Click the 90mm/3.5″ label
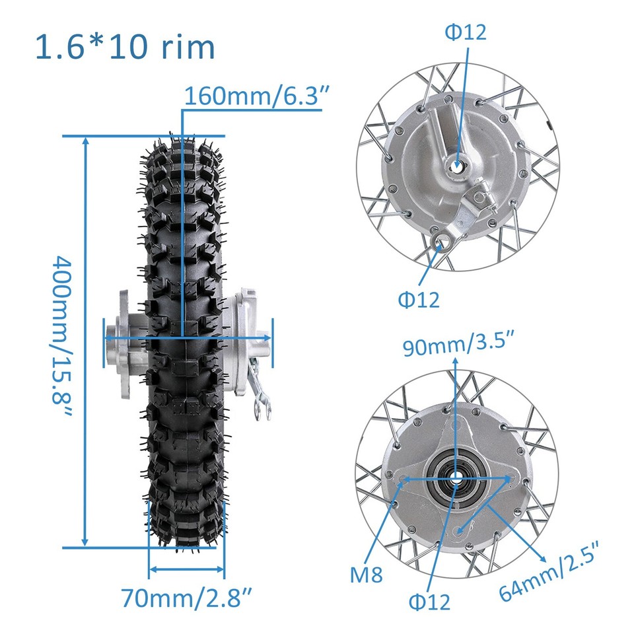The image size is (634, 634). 459,346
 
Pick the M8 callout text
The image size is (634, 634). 367,575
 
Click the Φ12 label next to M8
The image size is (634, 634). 429,601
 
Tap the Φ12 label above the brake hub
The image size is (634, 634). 465,32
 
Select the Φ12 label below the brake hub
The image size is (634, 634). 418,299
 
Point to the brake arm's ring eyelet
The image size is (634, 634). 442,243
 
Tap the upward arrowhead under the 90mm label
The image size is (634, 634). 454,362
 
